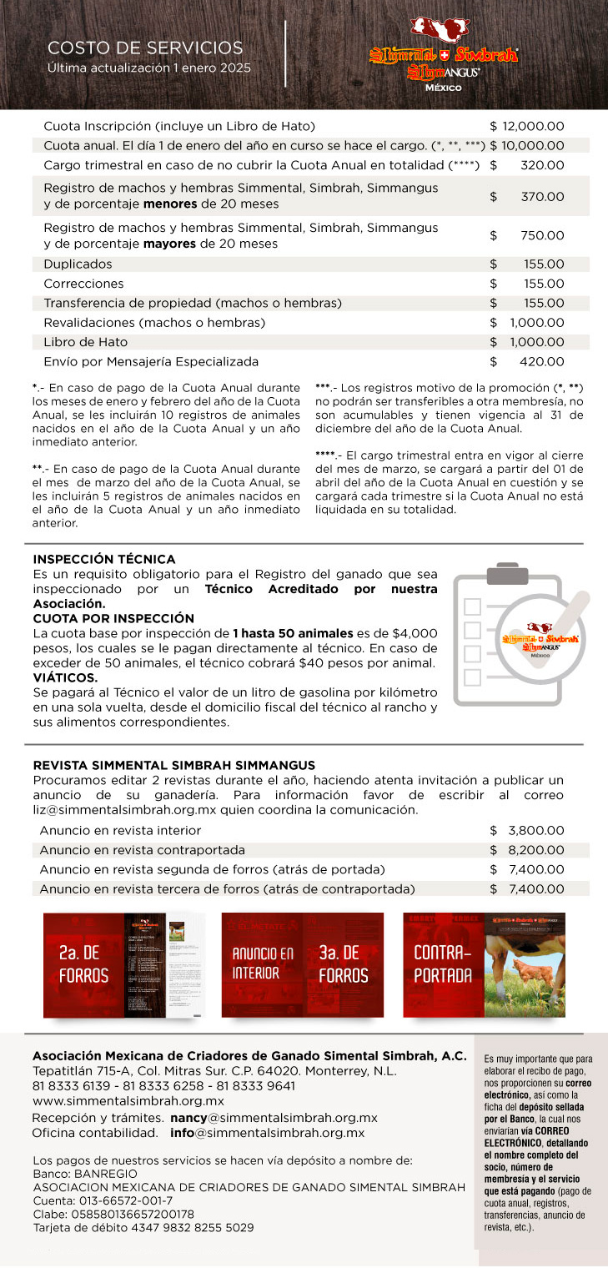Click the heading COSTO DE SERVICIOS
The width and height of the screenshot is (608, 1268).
tap(145, 48)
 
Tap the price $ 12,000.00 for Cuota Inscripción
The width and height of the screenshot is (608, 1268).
tap(527, 127)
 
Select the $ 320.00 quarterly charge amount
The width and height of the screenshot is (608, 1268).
tap(527, 165)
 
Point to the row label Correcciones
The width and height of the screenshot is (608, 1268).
tap(83, 284)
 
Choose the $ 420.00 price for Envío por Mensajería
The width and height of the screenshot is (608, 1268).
tap(527, 362)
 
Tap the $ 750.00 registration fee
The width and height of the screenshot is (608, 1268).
tap(527, 236)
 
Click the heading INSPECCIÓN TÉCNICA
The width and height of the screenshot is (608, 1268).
tap(104, 559)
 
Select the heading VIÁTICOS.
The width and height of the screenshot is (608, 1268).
tap(65, 677)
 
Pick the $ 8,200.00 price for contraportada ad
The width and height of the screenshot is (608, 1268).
tap(527, 850)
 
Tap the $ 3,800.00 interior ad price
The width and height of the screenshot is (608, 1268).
tap(527, 831)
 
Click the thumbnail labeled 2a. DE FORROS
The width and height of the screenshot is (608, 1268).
tap(83, 964)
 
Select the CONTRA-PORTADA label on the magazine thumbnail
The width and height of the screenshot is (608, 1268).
tap(442, 964)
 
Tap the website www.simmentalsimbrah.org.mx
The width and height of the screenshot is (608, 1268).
tap(128, 1101)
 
